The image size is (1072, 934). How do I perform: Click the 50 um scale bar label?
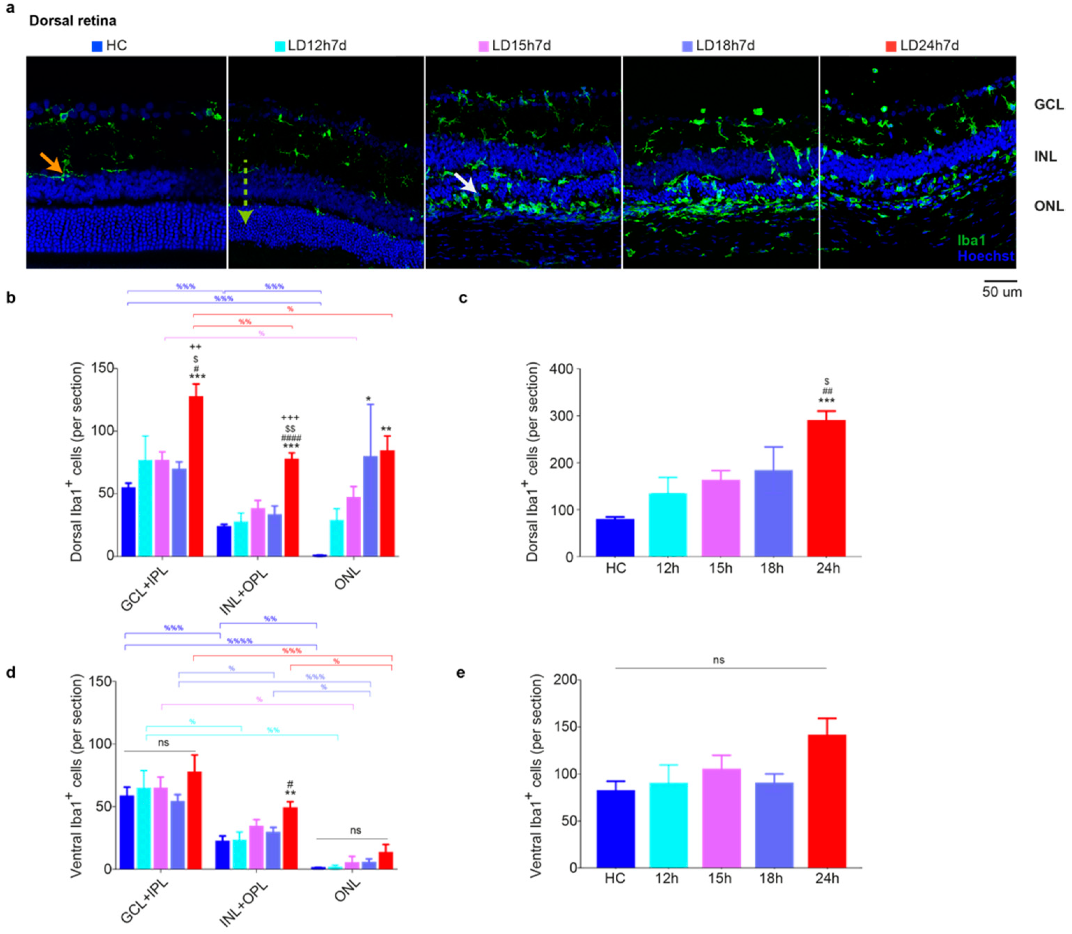1002,292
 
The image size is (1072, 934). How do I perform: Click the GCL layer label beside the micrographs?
1048,105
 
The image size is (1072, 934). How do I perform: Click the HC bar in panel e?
616,829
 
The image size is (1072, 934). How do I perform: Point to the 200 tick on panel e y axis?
565,680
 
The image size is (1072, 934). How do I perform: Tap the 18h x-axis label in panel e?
771,879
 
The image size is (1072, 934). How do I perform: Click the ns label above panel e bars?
718,660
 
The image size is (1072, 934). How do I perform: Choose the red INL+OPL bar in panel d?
290,838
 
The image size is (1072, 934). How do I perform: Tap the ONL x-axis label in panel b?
347,578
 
